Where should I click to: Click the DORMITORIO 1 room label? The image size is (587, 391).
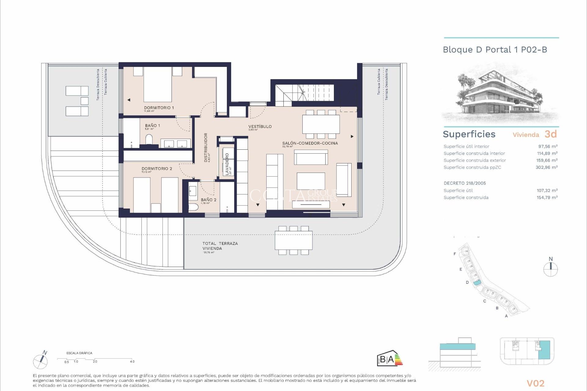pyautogui.click(x=159, y=108)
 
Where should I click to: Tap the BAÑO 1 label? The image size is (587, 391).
pyautogui.click(x=152, y=126)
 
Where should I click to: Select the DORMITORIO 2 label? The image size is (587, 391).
pyautogui.click(x=157, y=169)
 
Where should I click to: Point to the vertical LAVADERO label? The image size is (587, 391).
pyautogui.click(x=227, y=164)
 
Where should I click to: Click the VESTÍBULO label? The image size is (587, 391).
pyautogui.click(x=260, y=126)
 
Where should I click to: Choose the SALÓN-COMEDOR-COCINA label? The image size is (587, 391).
pyautogui.click(x=310, y=143)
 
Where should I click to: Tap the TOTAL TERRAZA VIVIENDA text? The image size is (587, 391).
pyautogui.click(x=220, y=246)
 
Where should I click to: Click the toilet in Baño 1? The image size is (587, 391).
pyautogui.click(x=149, y=139)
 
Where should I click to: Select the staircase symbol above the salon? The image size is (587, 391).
pyautogui.click(x=304, y=92)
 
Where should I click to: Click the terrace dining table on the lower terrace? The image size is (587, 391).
pyautogui.click(x=293, y=240)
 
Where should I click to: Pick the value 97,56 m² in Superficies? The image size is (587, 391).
pyautogui.click(x=548, y=147)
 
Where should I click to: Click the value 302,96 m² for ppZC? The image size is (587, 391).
pyautogui.click(x=546, y=167)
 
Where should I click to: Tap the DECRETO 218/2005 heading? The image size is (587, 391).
pyautogui.click(x=465, y=183)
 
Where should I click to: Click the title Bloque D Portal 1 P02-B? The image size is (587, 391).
pyautogui.click(x=495, y=50)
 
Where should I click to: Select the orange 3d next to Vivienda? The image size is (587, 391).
pyautogui.click(x=551, y=134)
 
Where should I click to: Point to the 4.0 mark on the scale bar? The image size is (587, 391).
pyautogui.click(x=132, y=361)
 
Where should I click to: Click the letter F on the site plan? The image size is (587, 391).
pyautogui.click(x=455, y=254)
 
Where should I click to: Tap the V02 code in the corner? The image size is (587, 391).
pyautogui.click(x=535, y=383)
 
